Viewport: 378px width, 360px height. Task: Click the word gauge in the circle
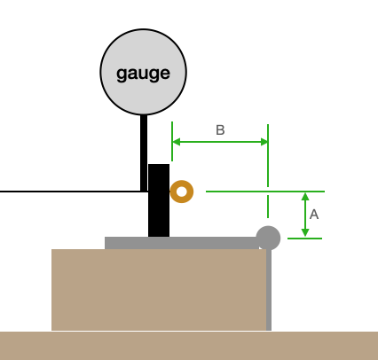coord(143,74)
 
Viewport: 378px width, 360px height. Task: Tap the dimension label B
coord(220,130)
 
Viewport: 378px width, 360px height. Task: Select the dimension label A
coord(314,215)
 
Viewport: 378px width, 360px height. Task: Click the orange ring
coord(182,185)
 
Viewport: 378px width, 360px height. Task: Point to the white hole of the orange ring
coord(182,192)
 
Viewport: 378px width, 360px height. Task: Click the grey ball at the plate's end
coord(268,238)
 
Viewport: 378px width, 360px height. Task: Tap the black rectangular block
coord(159,200)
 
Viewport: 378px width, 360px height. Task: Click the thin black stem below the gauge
coord(144,153)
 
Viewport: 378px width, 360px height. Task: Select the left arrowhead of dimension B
coord(177,142)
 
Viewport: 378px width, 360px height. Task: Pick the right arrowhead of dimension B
coord(264,142)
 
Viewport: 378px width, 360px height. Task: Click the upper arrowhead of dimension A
coord(305,197)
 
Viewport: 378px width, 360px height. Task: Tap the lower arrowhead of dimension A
coord(305,232)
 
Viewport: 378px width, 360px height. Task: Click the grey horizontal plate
coord(182,243)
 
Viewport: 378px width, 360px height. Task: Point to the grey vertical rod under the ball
coord(269,290)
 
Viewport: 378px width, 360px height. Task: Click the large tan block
coord(159,290)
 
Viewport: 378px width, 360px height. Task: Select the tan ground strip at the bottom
coord(189,346)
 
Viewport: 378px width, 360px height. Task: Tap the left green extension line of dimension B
coord(172,141)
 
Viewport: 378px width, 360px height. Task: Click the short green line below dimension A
coord(304,239)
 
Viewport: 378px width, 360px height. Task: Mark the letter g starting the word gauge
coord(122,74)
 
